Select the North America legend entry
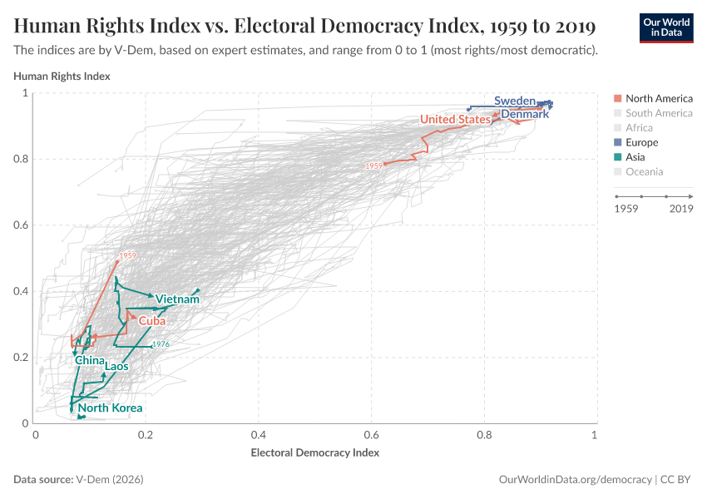point(658,98)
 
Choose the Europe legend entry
point(641,142)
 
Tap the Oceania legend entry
point(644,172)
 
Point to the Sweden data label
point(514,101)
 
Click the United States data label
point(455,120)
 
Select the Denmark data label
point(524,114)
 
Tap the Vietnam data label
point(177,299)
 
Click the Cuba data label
point(151,321)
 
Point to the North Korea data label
point(110,408)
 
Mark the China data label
point(89,361)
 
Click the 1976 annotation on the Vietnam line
point(161,345)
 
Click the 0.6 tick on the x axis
point(371,435)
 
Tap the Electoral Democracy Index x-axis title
point(314,453)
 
